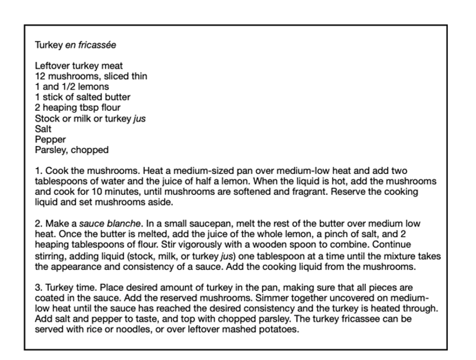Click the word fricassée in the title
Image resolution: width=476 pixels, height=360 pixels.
[97, 47]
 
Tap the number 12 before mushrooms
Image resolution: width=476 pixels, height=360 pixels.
[40, 76]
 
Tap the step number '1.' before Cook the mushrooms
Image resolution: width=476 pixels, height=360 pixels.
[38, 171]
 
